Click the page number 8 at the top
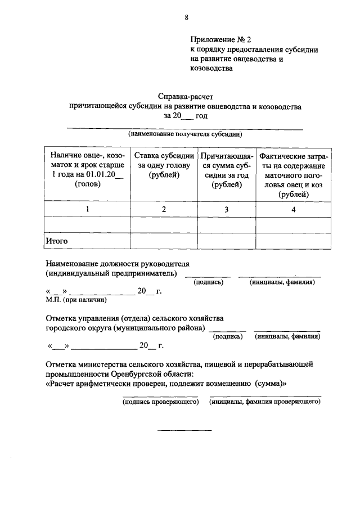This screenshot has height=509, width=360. (x=186, y=17)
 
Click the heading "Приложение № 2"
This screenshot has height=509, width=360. (x=219, y=39)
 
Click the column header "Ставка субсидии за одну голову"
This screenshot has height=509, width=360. (x=164, y=165)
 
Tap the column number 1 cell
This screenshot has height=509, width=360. (x=87, y=209)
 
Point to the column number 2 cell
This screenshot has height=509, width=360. (x=164, y=209)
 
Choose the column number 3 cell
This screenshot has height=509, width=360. (x=227, y=209)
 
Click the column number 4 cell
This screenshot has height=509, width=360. (x=293, y=209)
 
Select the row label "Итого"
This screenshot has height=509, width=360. (x=57, y=241)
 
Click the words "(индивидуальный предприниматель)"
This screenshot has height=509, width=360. (x=112, y=273)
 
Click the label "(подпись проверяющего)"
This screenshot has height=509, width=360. (x=161, y=402)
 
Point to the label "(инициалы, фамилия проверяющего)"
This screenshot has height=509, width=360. (x=265, y=402)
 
